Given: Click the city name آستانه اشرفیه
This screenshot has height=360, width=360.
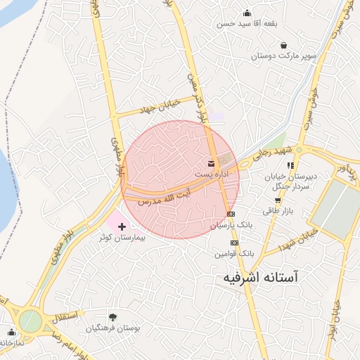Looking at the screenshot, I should click(259, 278).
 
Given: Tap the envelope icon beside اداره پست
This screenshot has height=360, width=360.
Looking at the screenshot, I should click(212, 163).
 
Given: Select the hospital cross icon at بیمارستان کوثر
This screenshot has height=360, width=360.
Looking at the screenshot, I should click(123, 226).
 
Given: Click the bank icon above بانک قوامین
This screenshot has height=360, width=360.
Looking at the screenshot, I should click(234, 243).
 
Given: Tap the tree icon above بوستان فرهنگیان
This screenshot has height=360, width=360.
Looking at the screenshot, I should click(112, 317).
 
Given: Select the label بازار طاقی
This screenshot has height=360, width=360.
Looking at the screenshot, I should click(272, 210).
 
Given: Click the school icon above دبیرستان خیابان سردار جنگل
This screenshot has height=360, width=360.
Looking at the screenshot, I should click(290, 165).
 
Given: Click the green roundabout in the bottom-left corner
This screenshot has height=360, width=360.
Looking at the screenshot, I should click(30, 321).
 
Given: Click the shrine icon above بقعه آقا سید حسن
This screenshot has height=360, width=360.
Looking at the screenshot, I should click(247, 13).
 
